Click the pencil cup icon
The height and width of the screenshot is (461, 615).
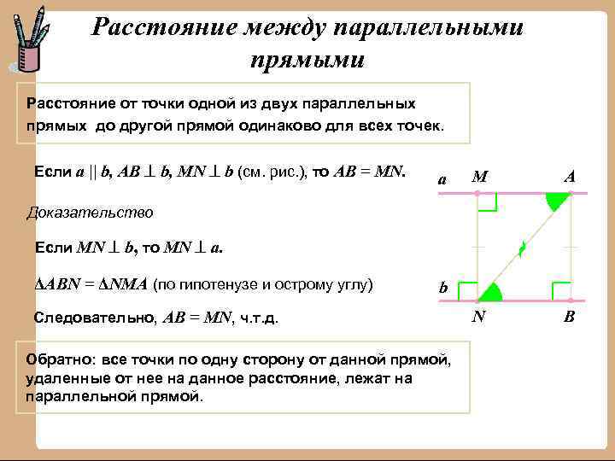pyautogui.click(x=28, y=46)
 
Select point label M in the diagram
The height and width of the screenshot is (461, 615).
pyautogui.click(x=480, y=178)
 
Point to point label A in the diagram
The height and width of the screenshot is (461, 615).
pyautogui.click(x=570, y=176)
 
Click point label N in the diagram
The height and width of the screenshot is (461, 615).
pyautogui.click(x=480, y=318)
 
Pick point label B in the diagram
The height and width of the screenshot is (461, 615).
pyautogui.click(x=570, y=318)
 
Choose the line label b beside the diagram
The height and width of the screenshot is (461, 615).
pyautogui.click(x=443, y=289)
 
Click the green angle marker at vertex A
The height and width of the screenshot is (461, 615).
pyautogui.click(x=555, y=202)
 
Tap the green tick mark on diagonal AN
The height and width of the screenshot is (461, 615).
pyautogui.click(x=521, y=248)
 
